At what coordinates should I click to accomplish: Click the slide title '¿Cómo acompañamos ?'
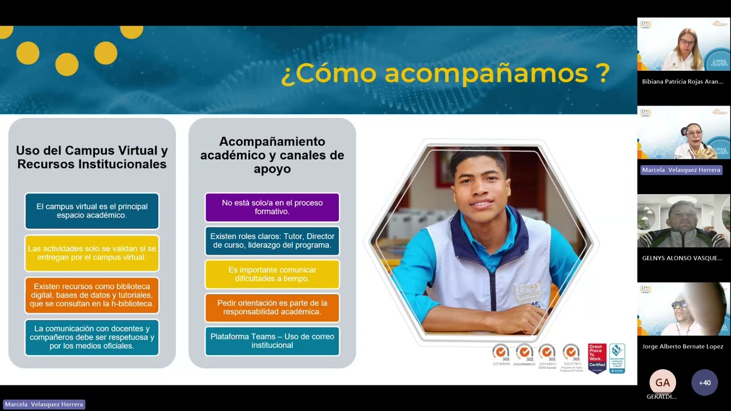445,74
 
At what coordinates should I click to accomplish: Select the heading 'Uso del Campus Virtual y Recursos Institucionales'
92,158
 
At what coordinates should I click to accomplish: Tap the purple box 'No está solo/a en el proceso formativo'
272,207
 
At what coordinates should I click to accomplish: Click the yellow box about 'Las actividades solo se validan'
92,253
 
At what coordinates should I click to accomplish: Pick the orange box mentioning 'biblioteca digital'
92,295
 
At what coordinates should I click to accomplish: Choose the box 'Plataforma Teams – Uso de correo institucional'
272,341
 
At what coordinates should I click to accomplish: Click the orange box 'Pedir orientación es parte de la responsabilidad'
272,308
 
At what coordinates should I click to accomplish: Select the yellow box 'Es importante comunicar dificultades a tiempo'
272,274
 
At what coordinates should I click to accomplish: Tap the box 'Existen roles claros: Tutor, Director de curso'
272,241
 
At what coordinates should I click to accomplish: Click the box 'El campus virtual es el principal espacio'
92,211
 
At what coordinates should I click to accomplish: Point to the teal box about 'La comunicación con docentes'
92,337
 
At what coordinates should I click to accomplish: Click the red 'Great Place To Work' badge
597,358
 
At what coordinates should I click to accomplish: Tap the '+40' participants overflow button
705,382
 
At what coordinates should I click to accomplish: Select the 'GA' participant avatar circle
662,382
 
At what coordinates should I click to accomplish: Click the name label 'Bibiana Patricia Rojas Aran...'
682,82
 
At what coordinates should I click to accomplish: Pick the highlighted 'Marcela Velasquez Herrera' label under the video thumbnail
681,170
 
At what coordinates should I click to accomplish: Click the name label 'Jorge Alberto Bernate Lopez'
682,346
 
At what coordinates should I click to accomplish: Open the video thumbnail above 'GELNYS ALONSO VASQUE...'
684,221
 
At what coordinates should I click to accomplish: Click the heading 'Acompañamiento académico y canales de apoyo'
272,155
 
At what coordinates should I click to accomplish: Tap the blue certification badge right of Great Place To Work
617,358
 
